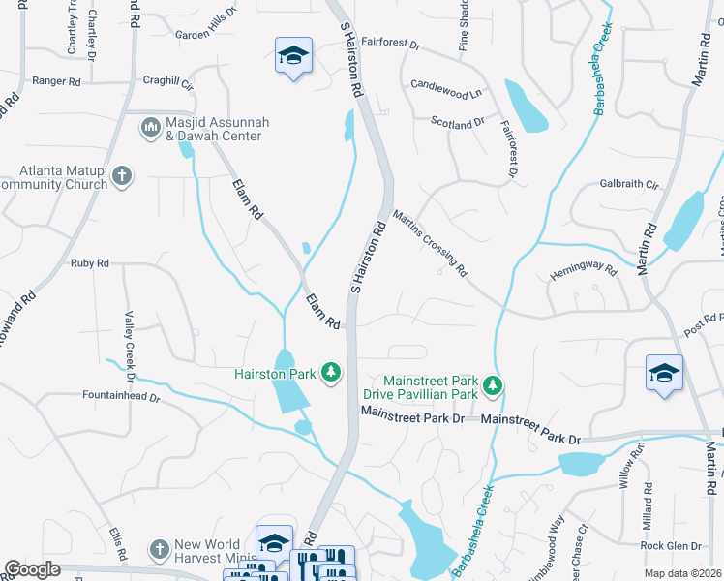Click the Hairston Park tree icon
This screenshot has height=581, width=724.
point(331,372)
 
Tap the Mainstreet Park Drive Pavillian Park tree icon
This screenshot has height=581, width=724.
point(494,386)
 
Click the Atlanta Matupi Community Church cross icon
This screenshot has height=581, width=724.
point(121,175)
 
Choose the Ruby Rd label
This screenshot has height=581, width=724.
point(90,262)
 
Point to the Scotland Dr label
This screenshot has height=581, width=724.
point(458,123)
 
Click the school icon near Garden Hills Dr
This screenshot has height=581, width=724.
point(293,55)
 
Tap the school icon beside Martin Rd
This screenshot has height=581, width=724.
point(664,374)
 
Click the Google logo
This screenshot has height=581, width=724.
point(33,569)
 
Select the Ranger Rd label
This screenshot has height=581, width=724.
point(55,82)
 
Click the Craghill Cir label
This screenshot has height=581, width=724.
point(167,83)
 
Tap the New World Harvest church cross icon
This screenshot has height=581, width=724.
point(160,549)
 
